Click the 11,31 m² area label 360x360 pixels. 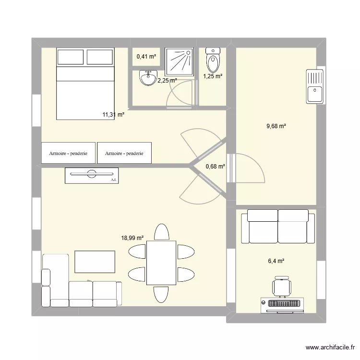(113, 115)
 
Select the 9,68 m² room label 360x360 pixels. (276, 126)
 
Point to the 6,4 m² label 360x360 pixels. (276, 261)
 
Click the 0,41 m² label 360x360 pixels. (146, 57)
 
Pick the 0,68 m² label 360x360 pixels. (215, 167)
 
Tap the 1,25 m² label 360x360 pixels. (212, 76)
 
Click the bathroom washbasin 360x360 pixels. (146, 78)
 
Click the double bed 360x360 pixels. (86, 84)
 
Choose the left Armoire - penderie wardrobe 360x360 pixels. (68, 154)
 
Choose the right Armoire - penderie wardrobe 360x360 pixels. (124, 154)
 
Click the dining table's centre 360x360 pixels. (161, 263)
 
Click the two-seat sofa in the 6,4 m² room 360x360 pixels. (277, 227)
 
